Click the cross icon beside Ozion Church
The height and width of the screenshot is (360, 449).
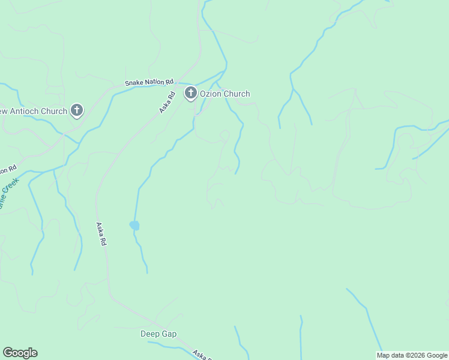click(x=191, y=93)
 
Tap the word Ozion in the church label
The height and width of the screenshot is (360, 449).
click(x=212, y=94)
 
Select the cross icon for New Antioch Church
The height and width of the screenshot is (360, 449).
click(x=76, y=110)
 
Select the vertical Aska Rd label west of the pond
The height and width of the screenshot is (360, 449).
click(x=101, y=234)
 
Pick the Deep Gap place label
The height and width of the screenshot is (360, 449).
click(x=158, y=334)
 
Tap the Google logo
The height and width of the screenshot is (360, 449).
click(x=20, y=353)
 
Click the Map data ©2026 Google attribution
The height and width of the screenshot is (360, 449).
click(x=412, y=355)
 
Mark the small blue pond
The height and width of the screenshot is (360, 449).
click(x=134, y=226)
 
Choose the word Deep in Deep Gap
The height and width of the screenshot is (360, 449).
click(x=150, y=334)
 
